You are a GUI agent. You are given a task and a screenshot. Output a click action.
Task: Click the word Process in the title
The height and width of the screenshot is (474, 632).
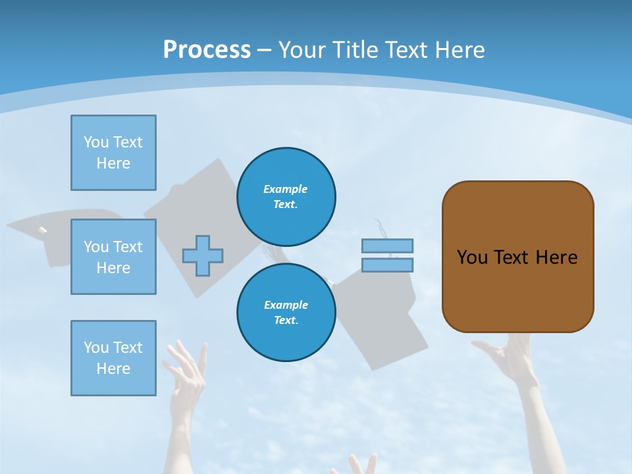coord(207,50)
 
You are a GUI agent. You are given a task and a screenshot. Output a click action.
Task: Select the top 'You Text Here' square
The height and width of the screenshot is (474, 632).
coord(113,153)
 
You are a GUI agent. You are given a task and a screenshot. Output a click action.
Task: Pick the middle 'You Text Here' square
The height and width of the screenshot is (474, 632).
coord(113,257)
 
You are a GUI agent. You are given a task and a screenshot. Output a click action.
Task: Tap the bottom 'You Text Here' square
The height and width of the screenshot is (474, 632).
coord(113,358)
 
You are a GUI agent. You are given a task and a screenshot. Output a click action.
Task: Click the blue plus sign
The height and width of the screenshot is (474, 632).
coord(203,255)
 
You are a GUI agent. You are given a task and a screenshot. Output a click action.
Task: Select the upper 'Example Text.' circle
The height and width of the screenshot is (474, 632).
coord(286,197)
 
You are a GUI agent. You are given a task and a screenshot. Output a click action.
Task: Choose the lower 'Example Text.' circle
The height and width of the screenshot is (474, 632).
coord(286,313)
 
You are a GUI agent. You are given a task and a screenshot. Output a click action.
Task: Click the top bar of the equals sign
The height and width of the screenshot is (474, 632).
coord(387,246)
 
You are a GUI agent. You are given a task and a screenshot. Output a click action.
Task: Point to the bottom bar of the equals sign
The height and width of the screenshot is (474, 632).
coord(387,265)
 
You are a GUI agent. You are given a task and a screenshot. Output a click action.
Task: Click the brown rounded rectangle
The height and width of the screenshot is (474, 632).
coord(517,257)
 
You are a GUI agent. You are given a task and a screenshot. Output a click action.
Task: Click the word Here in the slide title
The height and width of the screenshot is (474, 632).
coord(458,50)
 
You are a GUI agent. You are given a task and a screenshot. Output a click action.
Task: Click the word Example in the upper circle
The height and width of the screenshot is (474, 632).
coord(286,189)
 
